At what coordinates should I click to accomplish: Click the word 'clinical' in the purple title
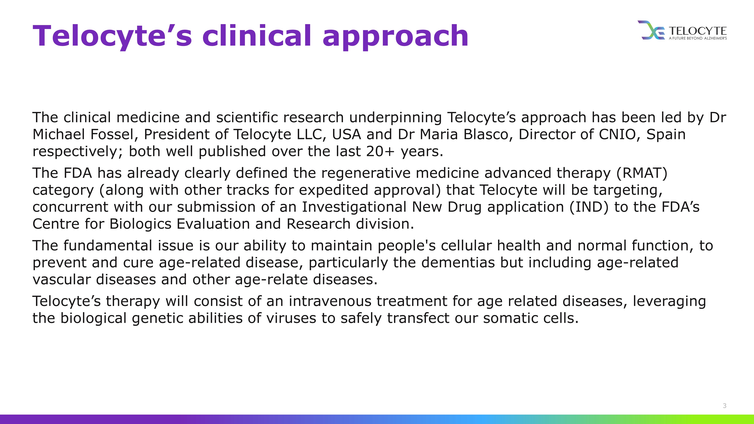coord(257,35)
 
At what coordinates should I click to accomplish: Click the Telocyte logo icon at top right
coord(651,30)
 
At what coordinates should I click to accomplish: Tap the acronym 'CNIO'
coord(619,134)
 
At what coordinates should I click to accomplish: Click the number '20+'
coord(380,151)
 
